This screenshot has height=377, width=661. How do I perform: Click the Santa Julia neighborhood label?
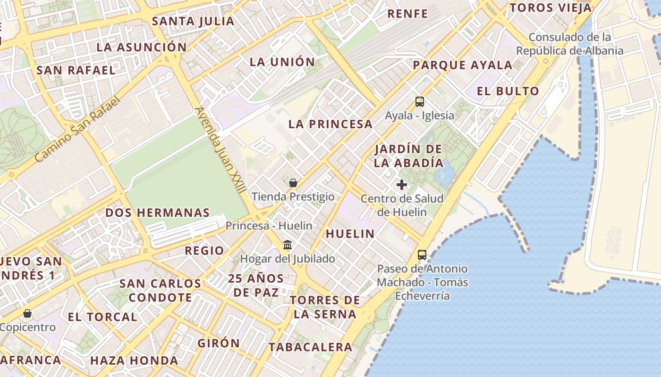click(193, 21)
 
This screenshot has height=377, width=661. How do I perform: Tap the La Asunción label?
click(142, 47)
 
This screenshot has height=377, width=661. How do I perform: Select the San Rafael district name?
click(76, 70)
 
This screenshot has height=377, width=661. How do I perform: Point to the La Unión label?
click(282, 62)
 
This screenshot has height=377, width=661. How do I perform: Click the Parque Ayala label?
click(463, 65)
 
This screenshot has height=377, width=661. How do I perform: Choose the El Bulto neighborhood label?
click(508, 91)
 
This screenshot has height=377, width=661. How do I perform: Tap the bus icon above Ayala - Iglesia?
click(420, 101)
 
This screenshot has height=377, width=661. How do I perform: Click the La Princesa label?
click(330, 124)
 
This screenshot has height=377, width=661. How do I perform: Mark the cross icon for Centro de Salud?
click(402, 185)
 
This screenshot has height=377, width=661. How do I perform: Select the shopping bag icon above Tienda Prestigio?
click(293, 183)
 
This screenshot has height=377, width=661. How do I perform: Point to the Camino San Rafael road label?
click(78, 128)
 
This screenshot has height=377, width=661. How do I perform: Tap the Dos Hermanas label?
click(157, 213)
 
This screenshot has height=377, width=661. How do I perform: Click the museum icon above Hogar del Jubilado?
click(288, 245)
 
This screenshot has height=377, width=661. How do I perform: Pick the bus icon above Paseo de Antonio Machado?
click(422, 255)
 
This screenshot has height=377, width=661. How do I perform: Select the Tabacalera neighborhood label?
click(310, 347)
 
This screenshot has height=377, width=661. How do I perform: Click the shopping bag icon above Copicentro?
click(28, 313)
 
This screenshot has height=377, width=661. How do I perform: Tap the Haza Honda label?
click(134, 361)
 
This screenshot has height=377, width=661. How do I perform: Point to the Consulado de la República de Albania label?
click(570, 44)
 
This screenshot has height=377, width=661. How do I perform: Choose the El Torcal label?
click(102, 317)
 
